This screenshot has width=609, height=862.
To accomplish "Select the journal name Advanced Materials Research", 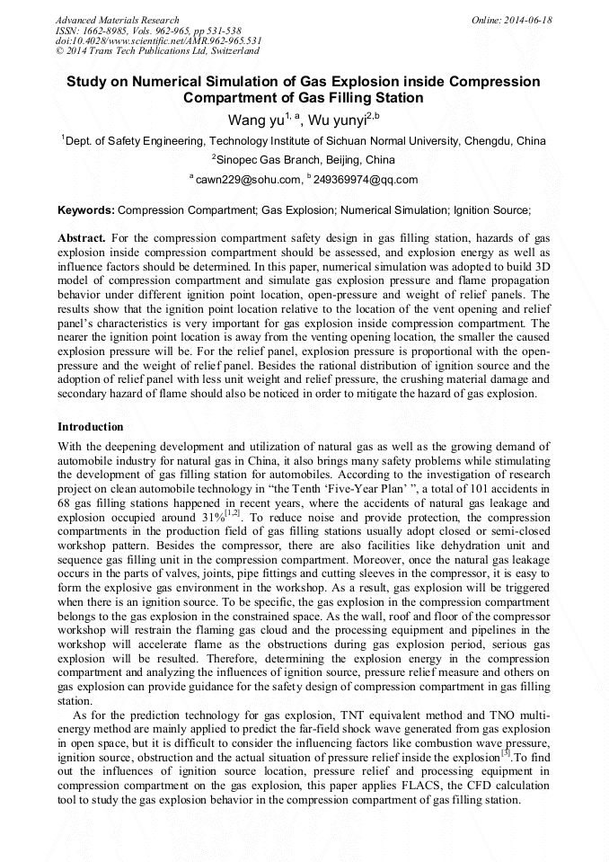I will coord(117,20).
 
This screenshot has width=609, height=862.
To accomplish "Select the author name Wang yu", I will coord(255,119).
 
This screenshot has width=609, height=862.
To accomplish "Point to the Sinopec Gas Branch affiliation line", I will coord(304,160).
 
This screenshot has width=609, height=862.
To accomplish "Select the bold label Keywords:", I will coord(86,210).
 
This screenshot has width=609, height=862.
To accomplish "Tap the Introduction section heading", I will coord(90,426).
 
